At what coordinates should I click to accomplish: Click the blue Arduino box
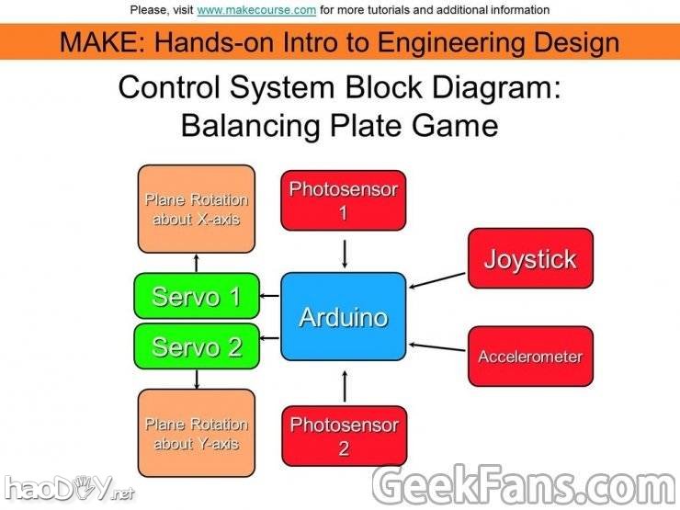coord(344,317)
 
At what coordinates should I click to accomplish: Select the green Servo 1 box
coord(196,296)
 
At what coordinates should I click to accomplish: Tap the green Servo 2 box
coord(196,346)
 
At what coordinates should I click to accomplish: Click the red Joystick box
coord(530,258)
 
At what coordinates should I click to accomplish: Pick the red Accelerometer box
coord(530,356)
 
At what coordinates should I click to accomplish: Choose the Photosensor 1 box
coord(344,199)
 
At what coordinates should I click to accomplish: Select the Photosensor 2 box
coord(344,436)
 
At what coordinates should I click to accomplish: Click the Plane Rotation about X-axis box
coord(196,209)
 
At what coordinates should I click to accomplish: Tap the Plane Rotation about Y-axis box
coord(196,433)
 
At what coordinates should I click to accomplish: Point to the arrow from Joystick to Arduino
coord(438,279)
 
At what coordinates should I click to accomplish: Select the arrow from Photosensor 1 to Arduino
coord(344,252)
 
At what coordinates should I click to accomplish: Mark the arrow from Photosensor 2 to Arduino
coord(344,385)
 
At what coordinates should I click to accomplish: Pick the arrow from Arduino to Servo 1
coord(269,296)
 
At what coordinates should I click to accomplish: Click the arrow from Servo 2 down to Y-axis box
coord(197,378)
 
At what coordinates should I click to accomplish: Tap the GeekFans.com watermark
coord(525,485)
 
